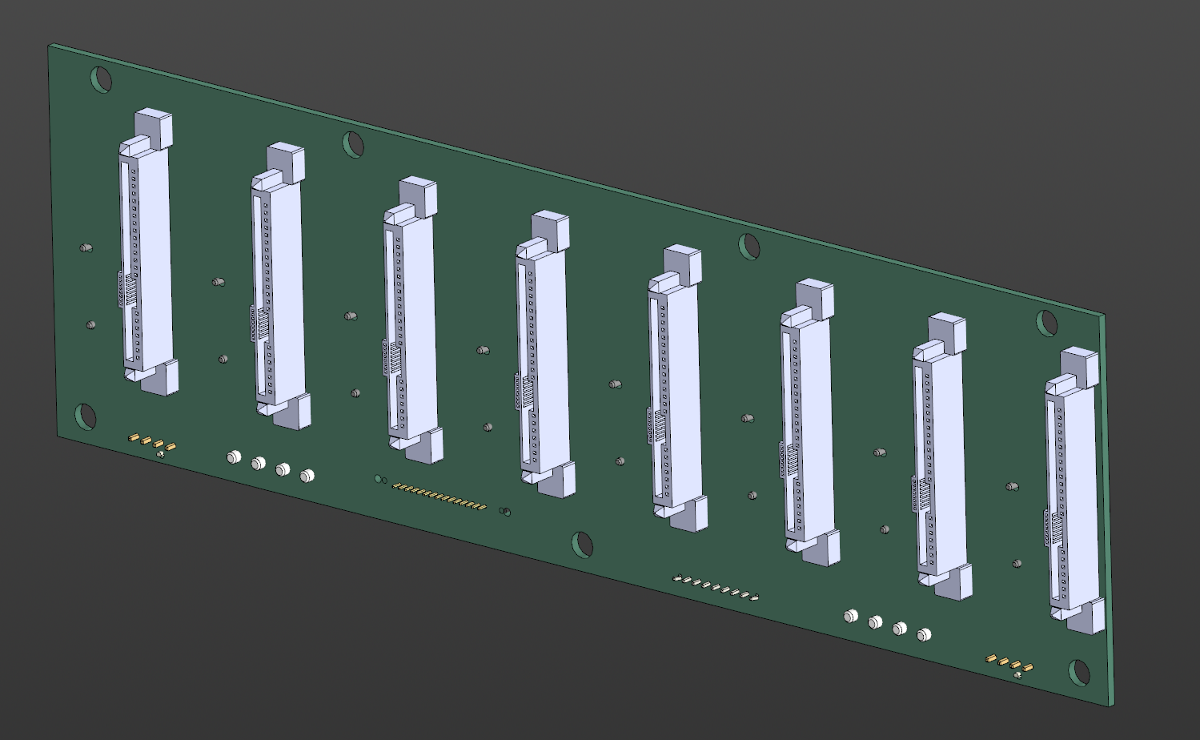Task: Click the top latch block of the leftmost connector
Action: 153,127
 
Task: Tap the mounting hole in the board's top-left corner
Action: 102,79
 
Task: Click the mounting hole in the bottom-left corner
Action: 86,416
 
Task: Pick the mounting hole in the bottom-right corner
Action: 1079,673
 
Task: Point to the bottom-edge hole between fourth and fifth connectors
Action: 583,545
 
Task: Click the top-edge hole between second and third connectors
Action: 353,144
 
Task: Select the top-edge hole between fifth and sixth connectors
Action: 749,246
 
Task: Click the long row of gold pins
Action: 439,497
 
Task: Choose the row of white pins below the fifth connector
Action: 716,588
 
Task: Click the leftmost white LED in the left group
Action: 233,457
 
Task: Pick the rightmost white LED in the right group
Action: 924,634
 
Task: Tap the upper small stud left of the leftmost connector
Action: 86,248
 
